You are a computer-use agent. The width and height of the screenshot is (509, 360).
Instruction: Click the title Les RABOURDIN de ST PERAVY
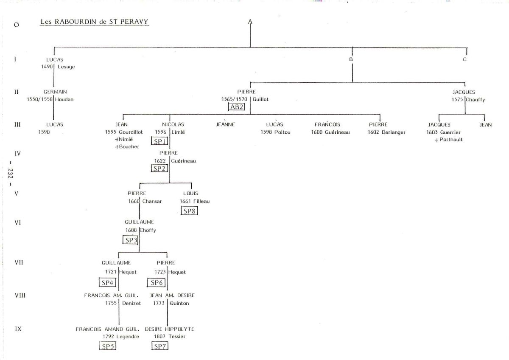[94, 22]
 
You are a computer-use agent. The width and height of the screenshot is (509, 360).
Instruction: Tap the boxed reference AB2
[237, 107]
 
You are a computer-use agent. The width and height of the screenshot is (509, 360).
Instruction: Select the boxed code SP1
[159, 141]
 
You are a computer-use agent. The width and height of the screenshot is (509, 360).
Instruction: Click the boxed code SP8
[189, 211]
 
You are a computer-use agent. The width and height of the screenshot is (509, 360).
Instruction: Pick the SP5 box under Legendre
[108, 346]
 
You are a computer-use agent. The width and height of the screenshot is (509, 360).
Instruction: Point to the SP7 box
[160, 346]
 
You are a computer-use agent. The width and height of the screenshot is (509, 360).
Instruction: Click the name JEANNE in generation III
[225, 124]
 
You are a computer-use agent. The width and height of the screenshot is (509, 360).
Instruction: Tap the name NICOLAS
[173, 124]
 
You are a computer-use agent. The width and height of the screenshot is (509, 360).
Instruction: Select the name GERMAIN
[55, 92]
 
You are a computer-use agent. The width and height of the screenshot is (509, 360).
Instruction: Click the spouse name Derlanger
[393, 132]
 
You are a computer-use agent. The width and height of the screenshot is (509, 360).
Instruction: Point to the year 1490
[47, 67]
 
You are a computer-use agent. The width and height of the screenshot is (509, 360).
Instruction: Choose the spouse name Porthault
[451, 139]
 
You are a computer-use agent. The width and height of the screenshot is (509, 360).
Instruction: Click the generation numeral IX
[18, 329]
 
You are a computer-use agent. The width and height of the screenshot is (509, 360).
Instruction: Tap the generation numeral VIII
[20, 295]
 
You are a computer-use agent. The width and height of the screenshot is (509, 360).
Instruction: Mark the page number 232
[11, 174]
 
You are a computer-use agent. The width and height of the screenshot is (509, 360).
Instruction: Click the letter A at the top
[250, 22]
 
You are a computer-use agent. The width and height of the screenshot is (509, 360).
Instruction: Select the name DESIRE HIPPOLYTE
[170, 329]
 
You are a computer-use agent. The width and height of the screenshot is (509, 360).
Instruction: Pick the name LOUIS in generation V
[190, 193]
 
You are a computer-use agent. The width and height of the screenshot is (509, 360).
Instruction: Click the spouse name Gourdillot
[131, 132]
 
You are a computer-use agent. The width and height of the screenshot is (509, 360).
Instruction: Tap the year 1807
[159, 336]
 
